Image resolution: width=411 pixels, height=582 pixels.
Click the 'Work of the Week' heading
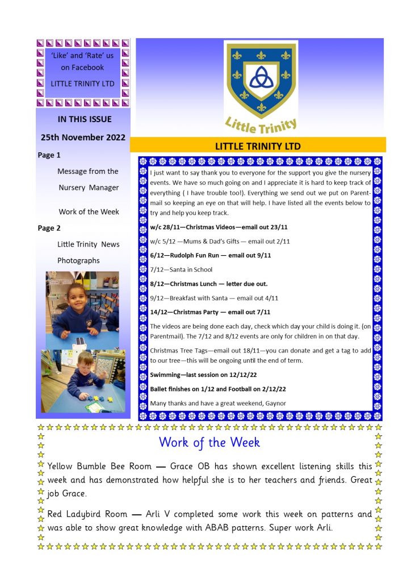click(x=209, y=442)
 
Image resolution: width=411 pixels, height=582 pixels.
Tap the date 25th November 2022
click(x=83, y=137)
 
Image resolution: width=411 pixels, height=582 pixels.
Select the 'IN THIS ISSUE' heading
click(x=85, y=119)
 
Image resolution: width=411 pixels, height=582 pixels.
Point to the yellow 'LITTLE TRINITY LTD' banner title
click(x=258, y=146)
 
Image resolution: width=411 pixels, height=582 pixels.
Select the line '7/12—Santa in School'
click(x=181, y=269)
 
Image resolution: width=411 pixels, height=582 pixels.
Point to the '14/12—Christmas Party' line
click(x=209, y=311)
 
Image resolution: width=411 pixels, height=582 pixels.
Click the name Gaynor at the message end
click(x=274, y=403)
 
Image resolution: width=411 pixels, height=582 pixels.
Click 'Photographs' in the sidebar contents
click(x=78, y=260)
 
